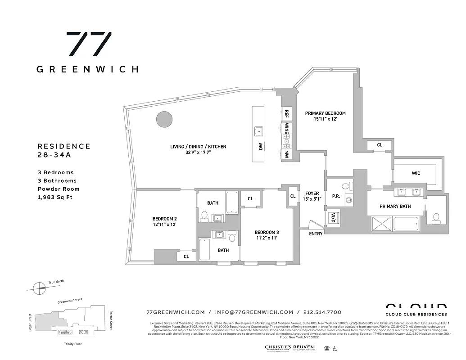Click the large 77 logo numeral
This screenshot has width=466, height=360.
point(89,44)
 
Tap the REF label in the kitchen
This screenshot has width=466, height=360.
point(286,113)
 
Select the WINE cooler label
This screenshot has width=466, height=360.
point(286,129)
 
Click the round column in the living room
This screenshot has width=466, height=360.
point(164,119)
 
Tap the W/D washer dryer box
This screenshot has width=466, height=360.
point(333,218)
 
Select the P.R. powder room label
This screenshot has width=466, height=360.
point(335,196)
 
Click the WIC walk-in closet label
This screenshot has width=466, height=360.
point(416,173)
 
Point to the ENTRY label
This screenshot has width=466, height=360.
point(316,234)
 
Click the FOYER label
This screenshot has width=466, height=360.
point(312,193)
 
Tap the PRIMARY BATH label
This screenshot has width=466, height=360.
point(395,207)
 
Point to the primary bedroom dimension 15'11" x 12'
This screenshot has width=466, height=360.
point(325,119)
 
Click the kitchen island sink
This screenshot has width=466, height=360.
point(258,130)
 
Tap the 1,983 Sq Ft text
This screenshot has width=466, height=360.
point(55,197)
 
